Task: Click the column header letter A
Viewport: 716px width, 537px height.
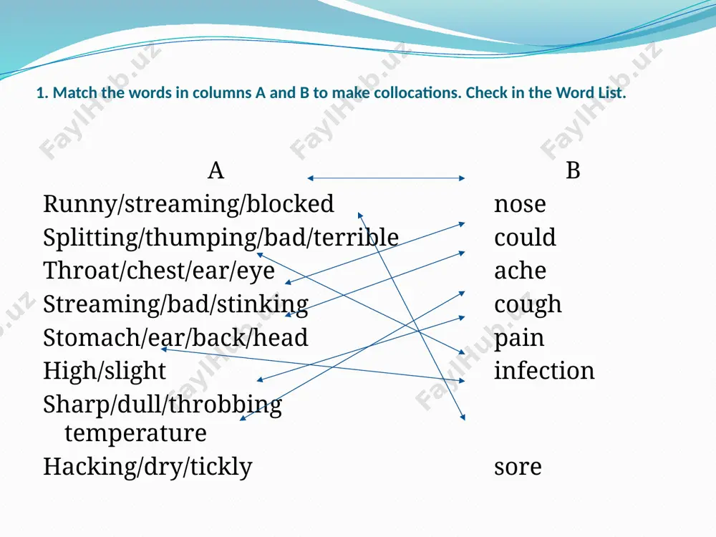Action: pyautogui.click(x=216, y=171)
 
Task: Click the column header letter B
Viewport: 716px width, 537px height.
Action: pyautogui.click(x=573, y=171)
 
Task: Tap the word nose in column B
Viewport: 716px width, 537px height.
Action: pyautogui.click(x=520, y=204)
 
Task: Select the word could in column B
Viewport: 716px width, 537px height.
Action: pyautogui.click(x=525, y=237)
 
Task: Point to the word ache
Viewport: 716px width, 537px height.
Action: pyautogui.click(x=520, y=271)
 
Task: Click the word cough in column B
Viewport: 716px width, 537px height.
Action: pyautogui.click(x=528, y=305)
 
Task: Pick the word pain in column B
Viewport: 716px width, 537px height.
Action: pyautogui.click(x=519, y=339)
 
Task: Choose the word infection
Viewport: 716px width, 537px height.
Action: pyautogui.click(x=544, y=370)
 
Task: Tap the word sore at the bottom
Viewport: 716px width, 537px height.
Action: pyautogui.click(x=518, y=468)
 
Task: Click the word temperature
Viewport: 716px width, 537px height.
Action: pyautogui.click(x=135, y=433)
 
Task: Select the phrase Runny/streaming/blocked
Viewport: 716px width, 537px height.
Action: pyautogui.click(x=188, y=204)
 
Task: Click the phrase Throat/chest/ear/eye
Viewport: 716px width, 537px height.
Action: pyautogui.click(x=159, y=271)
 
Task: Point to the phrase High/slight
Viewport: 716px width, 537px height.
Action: pyautogui.click(x=105, y=371)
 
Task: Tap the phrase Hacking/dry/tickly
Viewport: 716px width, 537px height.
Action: pyautogui.click(x=147, y=467)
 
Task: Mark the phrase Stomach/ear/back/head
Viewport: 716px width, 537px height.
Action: pyautogui.click(x=175, y=338)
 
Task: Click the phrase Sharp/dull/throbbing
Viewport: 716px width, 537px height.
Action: pyautogui.click(x=163, y=405)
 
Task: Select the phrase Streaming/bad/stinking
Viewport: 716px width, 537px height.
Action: pyautogui.click(x=176, y=304)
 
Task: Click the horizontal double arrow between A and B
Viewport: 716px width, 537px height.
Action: pyautogui.click(x=387, y=178)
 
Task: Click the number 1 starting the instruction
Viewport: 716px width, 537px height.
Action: pyautogui.click(x=40, y=93)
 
